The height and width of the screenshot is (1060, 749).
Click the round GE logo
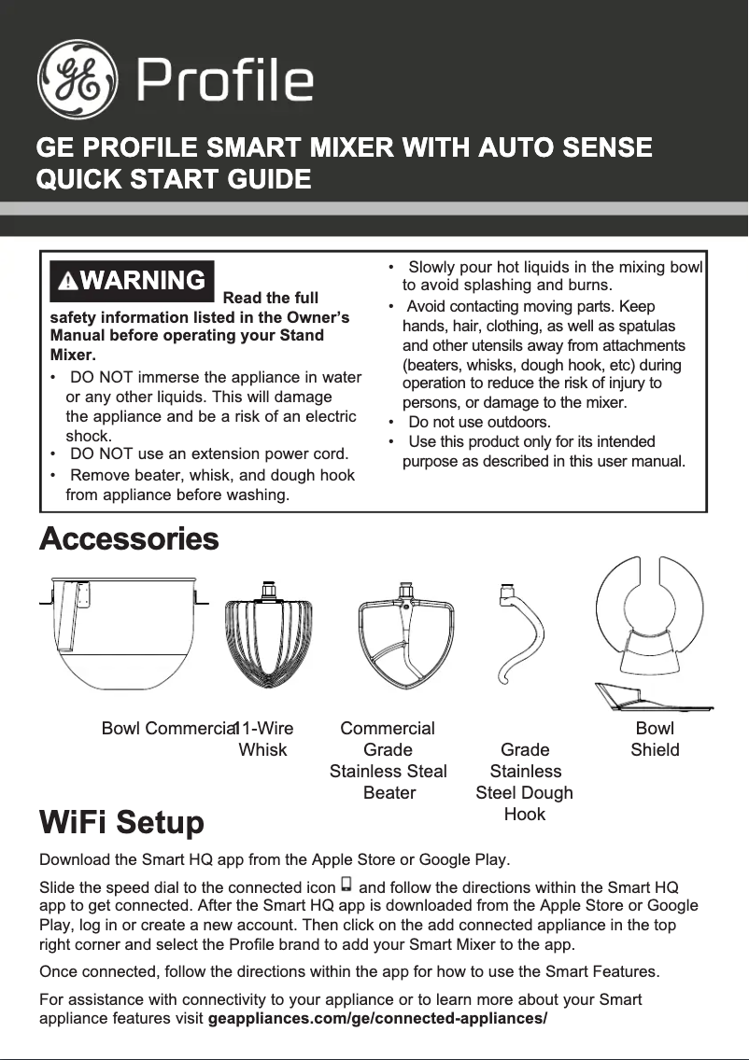point(78,79)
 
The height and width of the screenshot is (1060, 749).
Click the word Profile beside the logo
point(225,80)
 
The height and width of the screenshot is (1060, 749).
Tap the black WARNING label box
point(132,281)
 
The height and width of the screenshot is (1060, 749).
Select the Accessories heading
point(129,539)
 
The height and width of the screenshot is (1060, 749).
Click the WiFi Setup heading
point(121,823)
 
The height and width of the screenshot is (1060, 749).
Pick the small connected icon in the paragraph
point(346,884)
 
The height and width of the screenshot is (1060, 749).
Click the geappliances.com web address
point(377,1017)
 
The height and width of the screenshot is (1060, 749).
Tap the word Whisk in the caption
point(263,750)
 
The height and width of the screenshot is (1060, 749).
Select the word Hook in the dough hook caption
point(524,815)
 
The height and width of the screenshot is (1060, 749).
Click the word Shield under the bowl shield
point(655,750)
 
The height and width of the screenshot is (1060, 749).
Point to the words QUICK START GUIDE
point(173,178)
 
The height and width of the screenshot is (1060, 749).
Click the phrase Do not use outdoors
point(479,422)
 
